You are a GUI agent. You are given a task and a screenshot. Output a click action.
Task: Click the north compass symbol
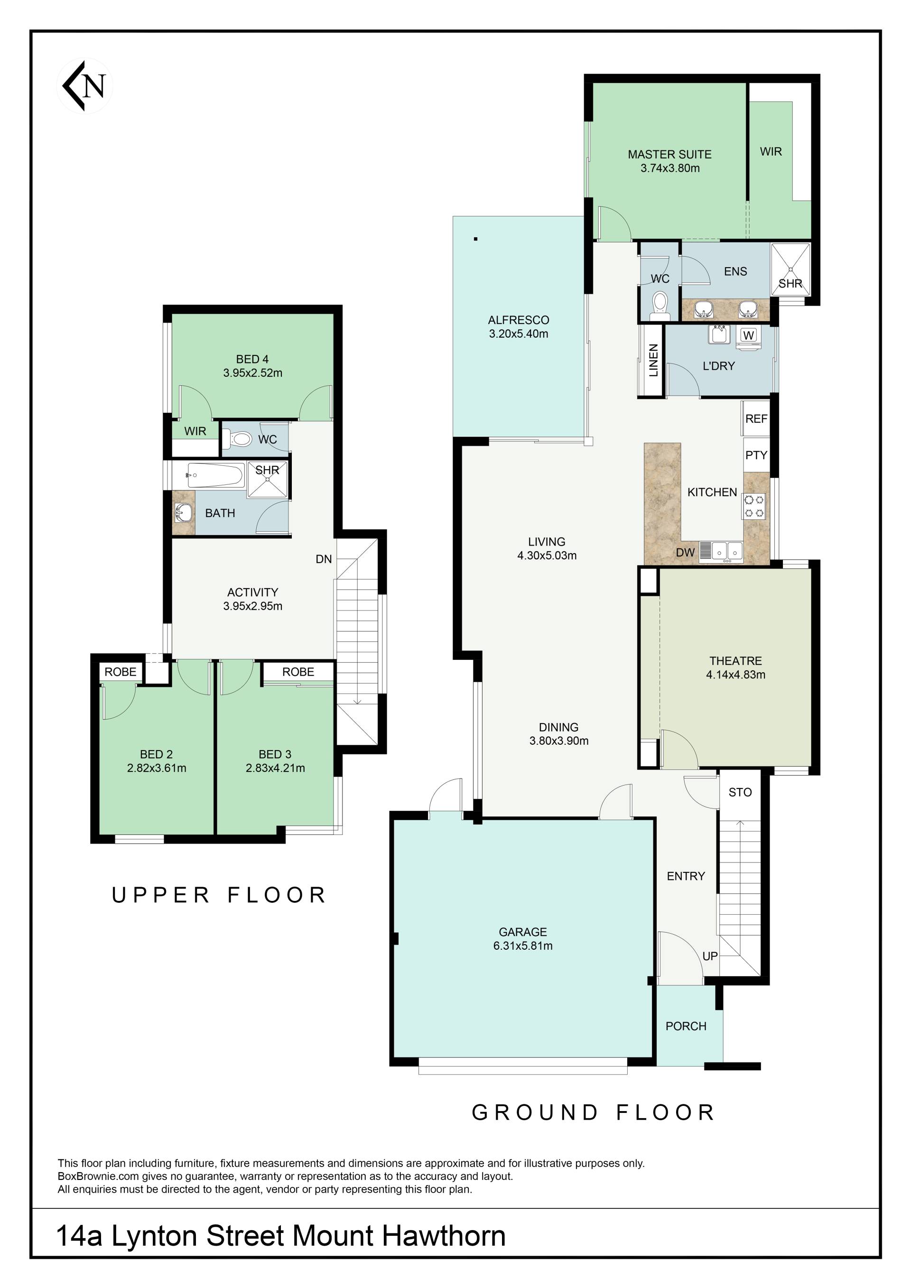85,86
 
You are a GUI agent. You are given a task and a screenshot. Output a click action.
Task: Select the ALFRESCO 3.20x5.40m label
518,326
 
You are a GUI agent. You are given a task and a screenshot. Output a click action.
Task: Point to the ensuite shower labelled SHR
790,268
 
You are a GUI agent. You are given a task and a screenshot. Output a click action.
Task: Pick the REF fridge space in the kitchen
756,418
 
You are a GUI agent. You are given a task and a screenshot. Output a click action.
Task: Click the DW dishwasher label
685,553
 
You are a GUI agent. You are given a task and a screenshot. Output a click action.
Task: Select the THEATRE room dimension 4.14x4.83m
735,675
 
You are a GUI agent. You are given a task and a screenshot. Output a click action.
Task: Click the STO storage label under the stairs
740,792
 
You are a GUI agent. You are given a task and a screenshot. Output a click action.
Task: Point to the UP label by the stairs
710,956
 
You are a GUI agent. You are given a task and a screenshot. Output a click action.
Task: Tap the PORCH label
686,1026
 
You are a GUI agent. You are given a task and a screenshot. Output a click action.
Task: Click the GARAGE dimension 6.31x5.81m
523,946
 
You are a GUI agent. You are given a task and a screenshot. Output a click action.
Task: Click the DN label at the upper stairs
324,559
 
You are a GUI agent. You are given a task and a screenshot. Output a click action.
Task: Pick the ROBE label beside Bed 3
298,671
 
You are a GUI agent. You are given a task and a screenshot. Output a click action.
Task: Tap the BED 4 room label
252,359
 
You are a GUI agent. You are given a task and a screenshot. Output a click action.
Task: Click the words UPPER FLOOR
219,895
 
